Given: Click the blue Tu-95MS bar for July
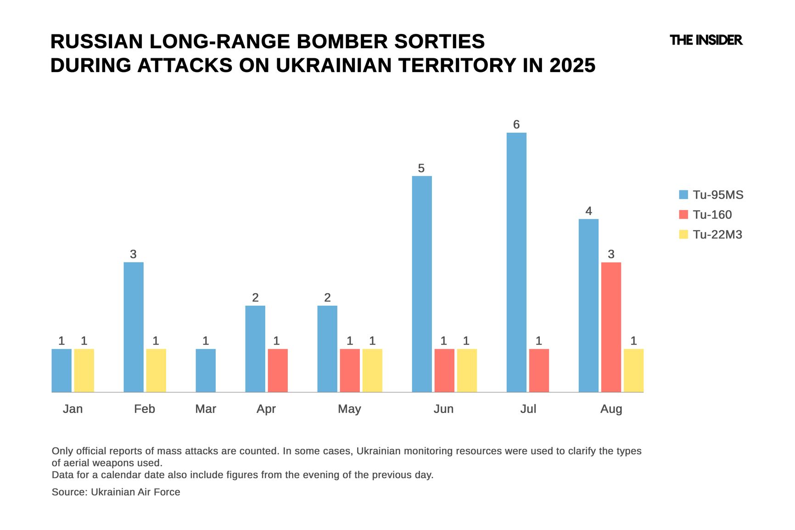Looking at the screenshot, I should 516,262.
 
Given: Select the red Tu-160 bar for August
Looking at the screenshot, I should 611,327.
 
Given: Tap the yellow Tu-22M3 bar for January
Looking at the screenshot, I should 84,370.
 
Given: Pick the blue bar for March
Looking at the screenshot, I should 206,370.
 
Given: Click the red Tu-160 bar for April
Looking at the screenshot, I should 278,370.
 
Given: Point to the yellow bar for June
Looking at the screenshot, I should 467,370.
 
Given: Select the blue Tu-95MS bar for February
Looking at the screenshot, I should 134,327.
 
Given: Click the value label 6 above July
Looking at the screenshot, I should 516,125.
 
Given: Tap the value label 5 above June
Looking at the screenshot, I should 421,168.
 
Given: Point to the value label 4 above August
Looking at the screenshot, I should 588,211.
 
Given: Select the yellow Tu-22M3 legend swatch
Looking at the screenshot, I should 683,234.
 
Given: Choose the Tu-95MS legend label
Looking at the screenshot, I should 718,195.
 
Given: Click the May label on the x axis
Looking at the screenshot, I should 349,409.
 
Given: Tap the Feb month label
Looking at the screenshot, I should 145,409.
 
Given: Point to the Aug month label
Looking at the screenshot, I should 611,409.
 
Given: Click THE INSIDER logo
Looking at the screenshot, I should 705,40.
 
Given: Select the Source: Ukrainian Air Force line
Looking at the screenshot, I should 116,492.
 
